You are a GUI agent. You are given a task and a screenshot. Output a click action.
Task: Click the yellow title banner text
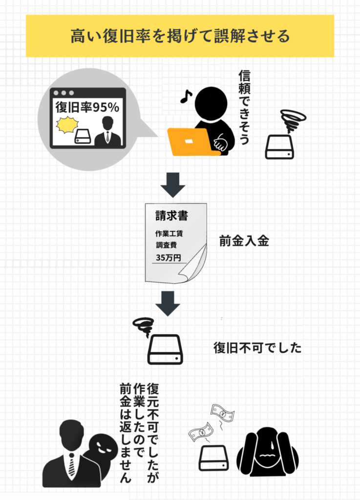[180, 36]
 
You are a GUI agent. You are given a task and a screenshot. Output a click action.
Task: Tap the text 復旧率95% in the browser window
[87, 107]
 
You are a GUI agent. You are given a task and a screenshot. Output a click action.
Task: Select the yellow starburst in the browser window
[67, 125]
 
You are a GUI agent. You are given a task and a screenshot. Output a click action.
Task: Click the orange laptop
[191, 142]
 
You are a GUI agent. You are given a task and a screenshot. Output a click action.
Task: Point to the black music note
[186, 96]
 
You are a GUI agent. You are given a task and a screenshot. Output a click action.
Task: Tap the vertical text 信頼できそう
[244, 107]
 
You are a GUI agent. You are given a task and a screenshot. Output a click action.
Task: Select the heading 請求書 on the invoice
[171, 215]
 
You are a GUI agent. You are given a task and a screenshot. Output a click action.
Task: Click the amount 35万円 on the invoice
[169, 257]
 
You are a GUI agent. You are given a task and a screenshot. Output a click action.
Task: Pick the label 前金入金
[244, 241]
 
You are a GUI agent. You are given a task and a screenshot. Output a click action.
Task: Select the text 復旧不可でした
[257, 348]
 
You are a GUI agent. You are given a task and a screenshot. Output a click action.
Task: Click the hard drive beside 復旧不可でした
[165, 349]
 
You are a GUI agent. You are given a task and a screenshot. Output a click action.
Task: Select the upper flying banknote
[222, 414]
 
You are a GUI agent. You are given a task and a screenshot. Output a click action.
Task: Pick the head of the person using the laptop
[211, 104]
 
